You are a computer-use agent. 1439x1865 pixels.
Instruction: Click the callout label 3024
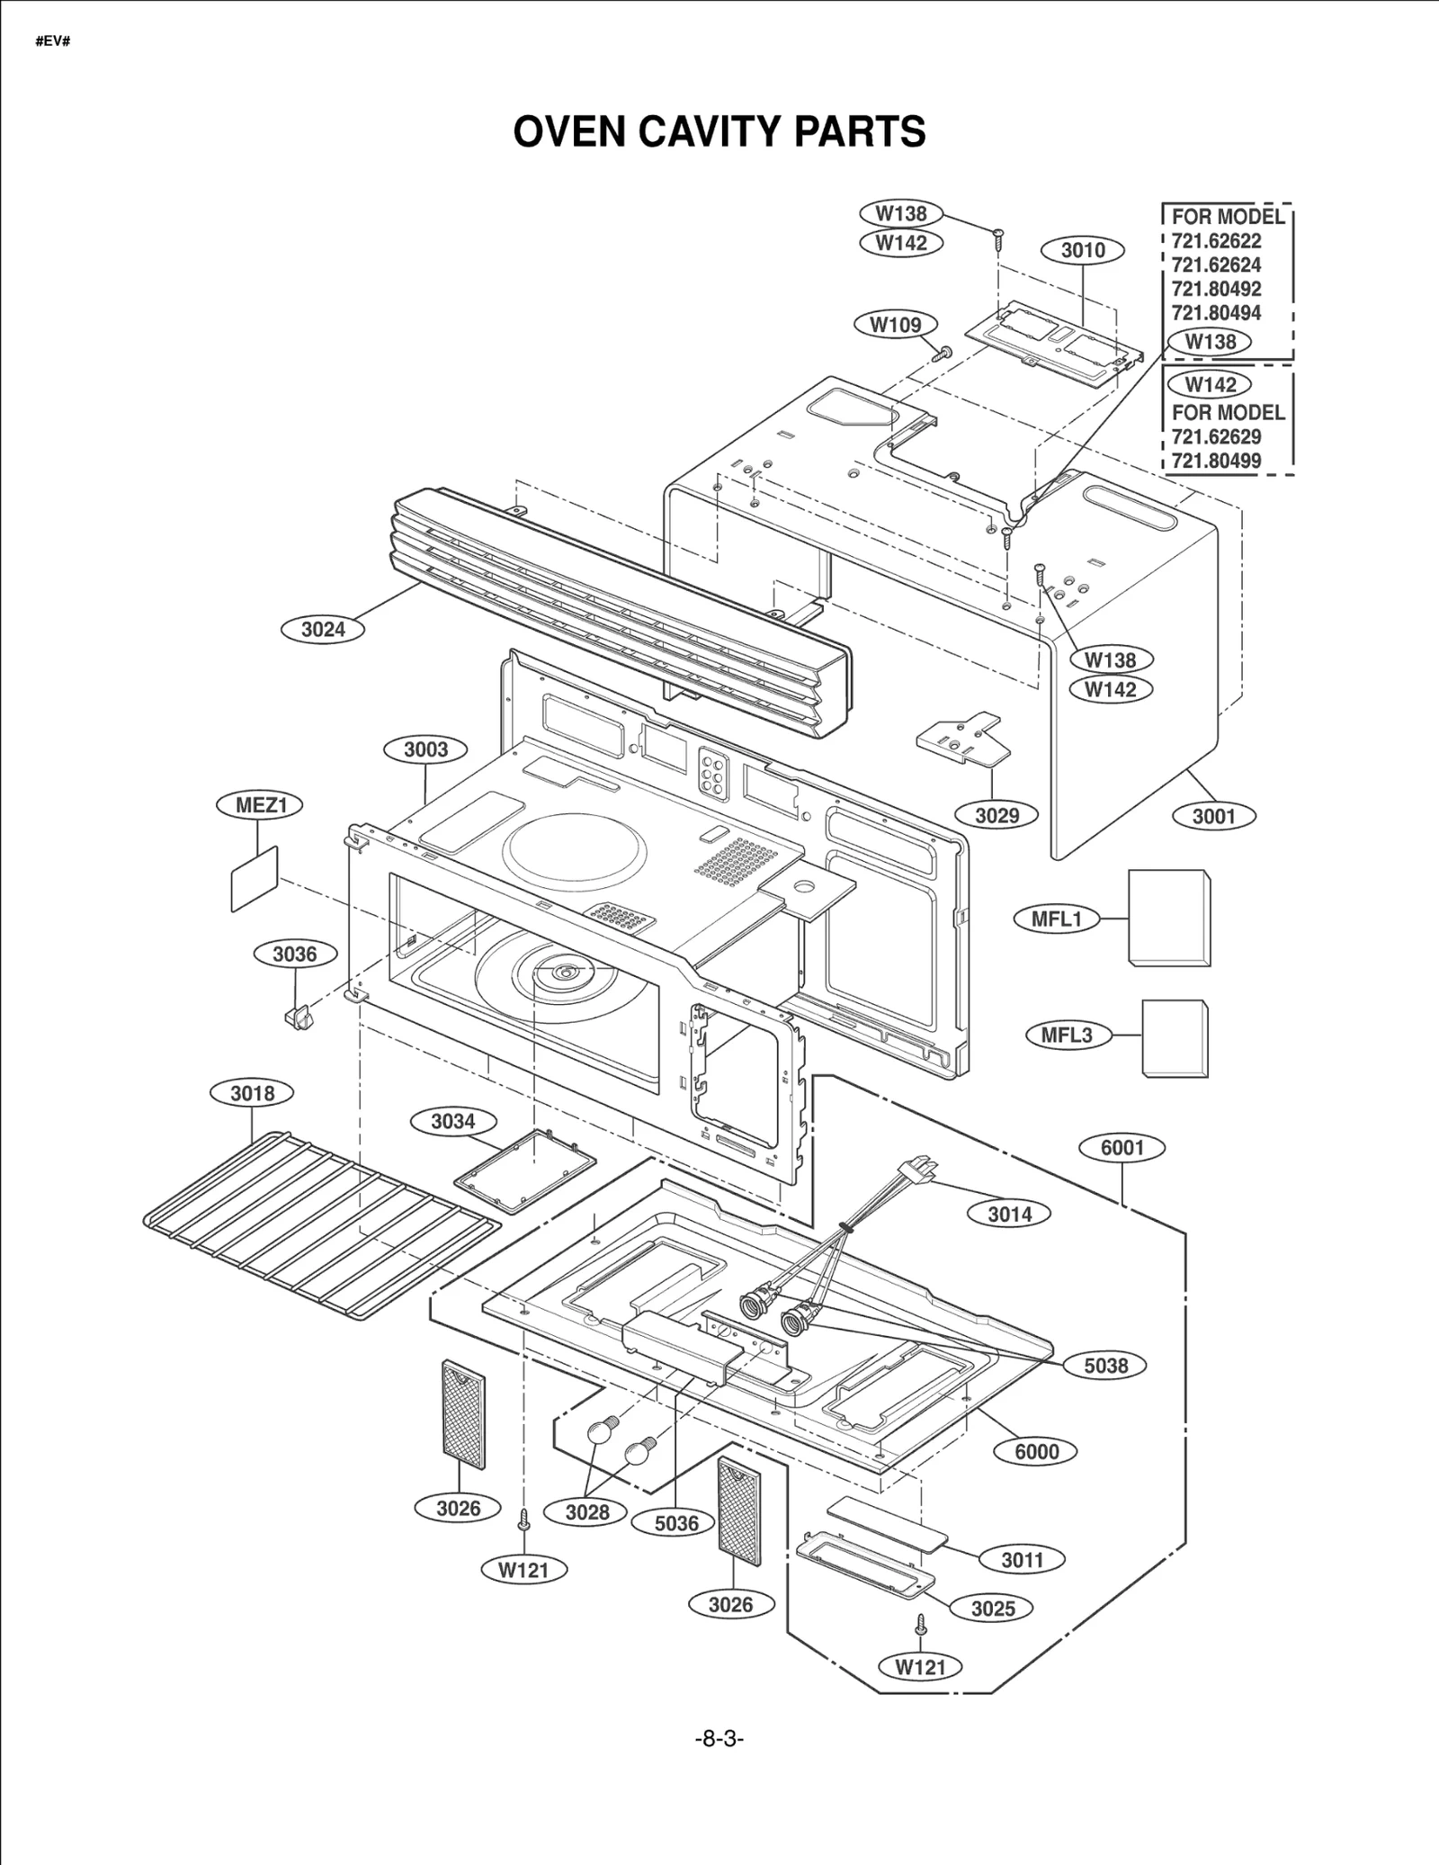(323, 629)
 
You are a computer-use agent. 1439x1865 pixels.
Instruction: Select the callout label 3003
(425, 749)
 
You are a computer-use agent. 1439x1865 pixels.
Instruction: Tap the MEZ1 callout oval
(260, 804)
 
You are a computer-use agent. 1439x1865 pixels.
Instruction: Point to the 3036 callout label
(294, 954)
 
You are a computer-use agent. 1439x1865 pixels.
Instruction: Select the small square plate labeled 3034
(526, 1170)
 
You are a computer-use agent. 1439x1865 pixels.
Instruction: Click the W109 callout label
(895, 325)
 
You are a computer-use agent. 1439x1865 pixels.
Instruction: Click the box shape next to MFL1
(1168, 918)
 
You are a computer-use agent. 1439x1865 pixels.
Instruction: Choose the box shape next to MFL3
(1175, 1036)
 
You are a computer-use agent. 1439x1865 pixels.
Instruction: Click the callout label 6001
(1122, 1147)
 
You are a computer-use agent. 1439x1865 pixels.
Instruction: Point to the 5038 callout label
(1105, 1365)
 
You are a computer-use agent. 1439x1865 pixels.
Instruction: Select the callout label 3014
(1009, 1214)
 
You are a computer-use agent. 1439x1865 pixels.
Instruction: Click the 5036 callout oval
(676, 1522)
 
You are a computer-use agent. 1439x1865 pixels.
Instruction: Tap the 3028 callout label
(587, 1512)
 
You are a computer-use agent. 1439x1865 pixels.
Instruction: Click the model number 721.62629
(1216, 436)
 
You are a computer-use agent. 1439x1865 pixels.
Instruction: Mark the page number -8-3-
(719, 1738)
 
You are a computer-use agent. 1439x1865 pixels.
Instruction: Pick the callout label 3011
(1022, 1559)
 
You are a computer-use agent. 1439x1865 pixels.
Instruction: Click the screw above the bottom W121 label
(920, 1624)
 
